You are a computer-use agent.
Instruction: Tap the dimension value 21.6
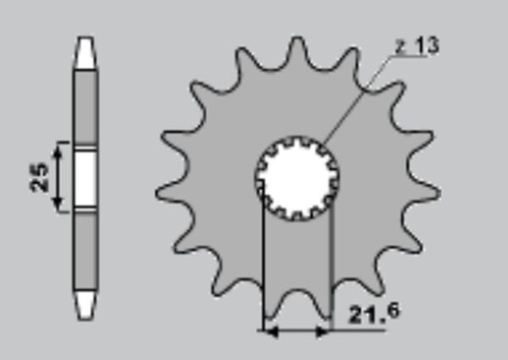tap(374, 313)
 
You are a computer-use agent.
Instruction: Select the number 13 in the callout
tap(427, 45)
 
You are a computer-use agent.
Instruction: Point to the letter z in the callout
tap(400, 48)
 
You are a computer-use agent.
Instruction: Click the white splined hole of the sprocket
tap(297, 178)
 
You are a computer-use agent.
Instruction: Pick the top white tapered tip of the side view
tap(86, 53)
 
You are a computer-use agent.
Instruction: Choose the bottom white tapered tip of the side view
tap(86, 305)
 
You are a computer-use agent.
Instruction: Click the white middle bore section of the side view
tap(86, 178)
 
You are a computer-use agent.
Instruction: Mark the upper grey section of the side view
tap(86, 107)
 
